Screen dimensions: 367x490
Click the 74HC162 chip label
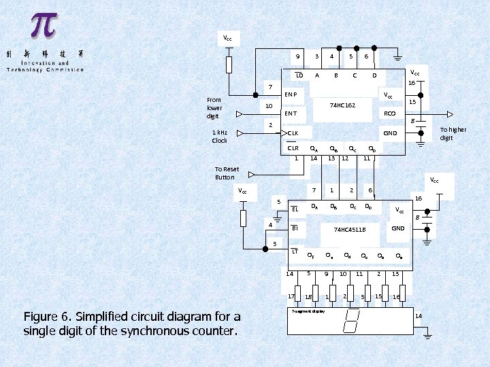(342, 105)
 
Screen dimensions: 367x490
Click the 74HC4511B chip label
(350, 230)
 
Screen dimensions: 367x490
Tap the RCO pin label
(389, 113)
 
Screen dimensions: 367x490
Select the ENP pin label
(290, 94)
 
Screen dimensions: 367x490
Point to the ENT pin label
(291, 113)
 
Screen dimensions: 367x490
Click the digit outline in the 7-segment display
(353, 321)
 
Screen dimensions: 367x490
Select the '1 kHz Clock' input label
(220, 137)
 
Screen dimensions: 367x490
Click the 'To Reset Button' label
(227, 173)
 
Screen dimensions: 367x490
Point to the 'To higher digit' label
(453, 133)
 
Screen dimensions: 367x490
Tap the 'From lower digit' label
(214, 107)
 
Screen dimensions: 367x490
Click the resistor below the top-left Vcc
(229, 65)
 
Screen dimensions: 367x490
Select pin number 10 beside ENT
(269, 106)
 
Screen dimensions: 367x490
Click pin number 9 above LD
(298, 56)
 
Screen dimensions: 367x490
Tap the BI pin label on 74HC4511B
(295, 228)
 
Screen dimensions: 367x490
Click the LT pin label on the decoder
(295, 251)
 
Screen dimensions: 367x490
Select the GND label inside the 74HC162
(390, 133)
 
